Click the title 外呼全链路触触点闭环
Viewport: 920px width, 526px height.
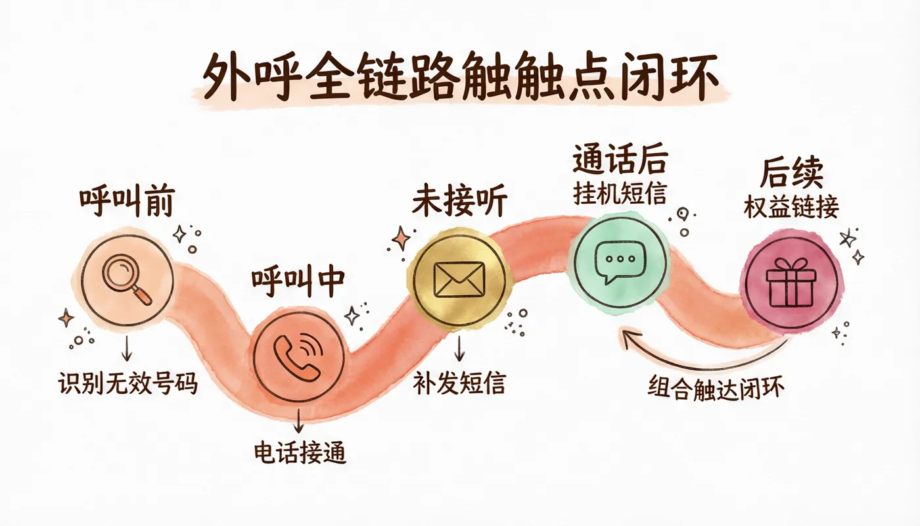click(x=461, y=76)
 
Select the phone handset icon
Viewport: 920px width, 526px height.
click(x=298, y=356)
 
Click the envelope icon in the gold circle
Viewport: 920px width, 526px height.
click(x=459, y=279)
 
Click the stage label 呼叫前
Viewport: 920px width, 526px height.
click(x=127, y=202)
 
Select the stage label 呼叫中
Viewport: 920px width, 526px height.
click(x=298, y=282)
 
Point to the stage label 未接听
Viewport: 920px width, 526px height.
click(x=459, y=203)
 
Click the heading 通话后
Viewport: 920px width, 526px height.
click(x=620, y=159)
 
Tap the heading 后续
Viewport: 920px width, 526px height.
click(x=791, y=172)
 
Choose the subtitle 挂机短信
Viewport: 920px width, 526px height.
click(x=620, y=193)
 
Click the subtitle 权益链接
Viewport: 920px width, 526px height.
click(x=791, y=208)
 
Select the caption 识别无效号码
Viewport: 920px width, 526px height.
click(x=127, y=384)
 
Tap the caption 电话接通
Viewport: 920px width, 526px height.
click(x=300, y=452)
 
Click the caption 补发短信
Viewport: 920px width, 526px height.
click(x=459, y=383)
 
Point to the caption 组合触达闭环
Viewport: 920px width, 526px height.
click(x=716, y=388)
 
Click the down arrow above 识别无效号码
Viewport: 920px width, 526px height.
click(x=126, y=348)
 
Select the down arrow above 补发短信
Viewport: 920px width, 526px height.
click(x=459, y=348)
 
